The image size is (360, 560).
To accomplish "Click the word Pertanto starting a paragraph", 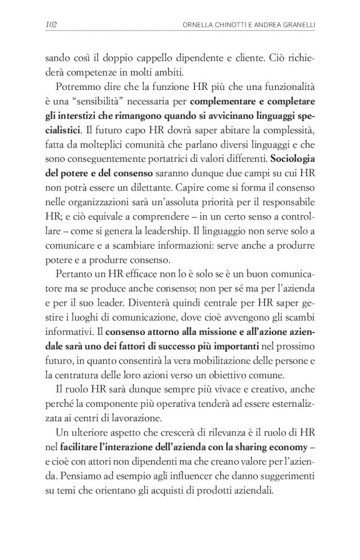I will (75, 272).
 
